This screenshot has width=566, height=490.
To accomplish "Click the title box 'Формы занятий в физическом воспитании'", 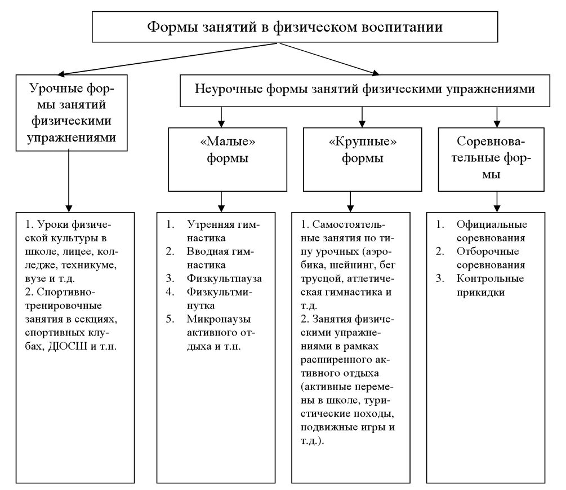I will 294,28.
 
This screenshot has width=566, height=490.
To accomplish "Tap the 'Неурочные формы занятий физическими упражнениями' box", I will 364,90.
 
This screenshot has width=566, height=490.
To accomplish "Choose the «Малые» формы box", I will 228,158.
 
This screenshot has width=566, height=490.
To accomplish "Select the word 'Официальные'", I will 492,224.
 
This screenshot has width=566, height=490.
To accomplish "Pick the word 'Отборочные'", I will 488,251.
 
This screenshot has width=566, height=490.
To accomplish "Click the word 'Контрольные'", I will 491,279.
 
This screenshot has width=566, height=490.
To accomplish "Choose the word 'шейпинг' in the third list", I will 349,265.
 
